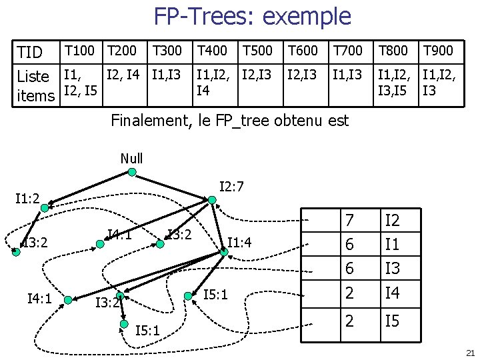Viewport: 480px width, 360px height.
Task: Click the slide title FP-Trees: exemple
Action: click(252, 16)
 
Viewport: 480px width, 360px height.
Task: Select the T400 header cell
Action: click(213, 50)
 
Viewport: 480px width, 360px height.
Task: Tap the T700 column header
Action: click(347, 50)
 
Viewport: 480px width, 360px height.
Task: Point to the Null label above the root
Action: click(131, 159)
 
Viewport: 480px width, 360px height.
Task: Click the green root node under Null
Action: click(132, 172)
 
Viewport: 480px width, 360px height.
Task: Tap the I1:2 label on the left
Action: click(27, 198)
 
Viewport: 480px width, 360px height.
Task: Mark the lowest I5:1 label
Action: click(147, 331)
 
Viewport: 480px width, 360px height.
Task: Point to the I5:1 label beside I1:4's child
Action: click(216, 294)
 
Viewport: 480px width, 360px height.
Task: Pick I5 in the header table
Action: click(392, 321)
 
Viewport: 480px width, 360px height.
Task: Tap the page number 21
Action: click(469, 353)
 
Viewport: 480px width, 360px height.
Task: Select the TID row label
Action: click(29, 52)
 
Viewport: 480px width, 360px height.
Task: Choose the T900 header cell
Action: click(438, 50)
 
